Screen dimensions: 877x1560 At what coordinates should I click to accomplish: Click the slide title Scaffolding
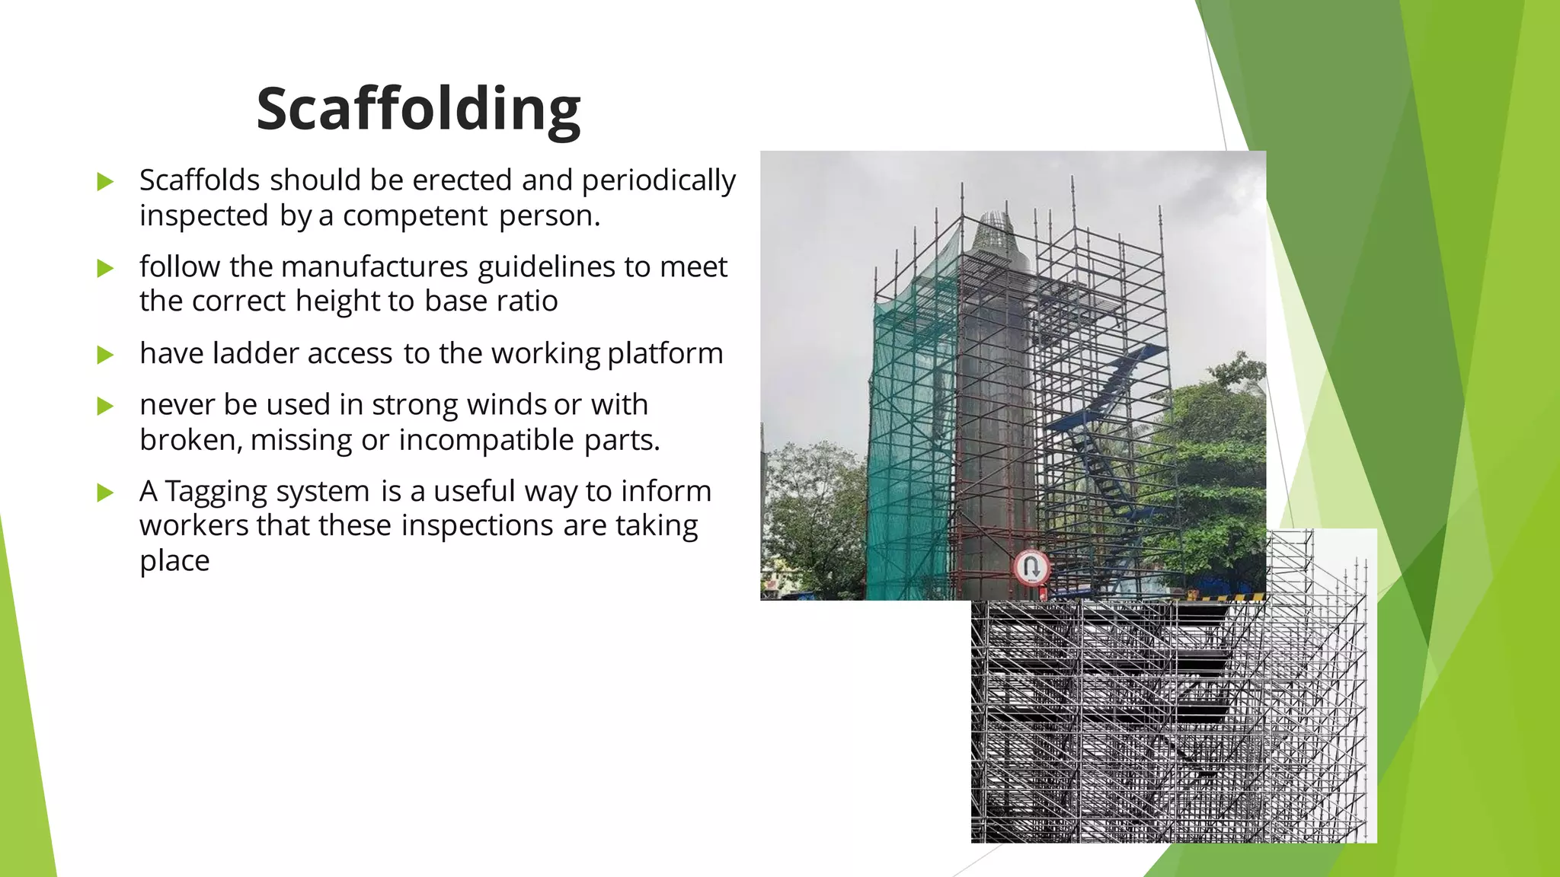point(418,109)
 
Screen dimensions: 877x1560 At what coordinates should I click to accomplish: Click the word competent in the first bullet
point(415,216)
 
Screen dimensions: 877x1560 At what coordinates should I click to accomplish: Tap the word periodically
point(658,181)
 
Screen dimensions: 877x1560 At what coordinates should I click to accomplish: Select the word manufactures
point(374,267)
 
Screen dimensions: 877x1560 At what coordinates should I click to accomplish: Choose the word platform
point(664,354)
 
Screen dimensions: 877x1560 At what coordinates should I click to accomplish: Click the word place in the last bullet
point(174,561)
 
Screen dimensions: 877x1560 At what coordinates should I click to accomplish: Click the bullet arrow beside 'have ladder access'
point(105,355)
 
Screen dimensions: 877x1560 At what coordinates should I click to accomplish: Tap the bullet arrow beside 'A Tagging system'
point(105,493)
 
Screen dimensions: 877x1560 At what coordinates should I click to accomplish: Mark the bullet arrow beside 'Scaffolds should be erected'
point(105,182)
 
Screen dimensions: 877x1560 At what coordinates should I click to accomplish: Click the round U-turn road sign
point(1031,567)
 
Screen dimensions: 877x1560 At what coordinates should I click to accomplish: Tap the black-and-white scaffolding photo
point(1173,723)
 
